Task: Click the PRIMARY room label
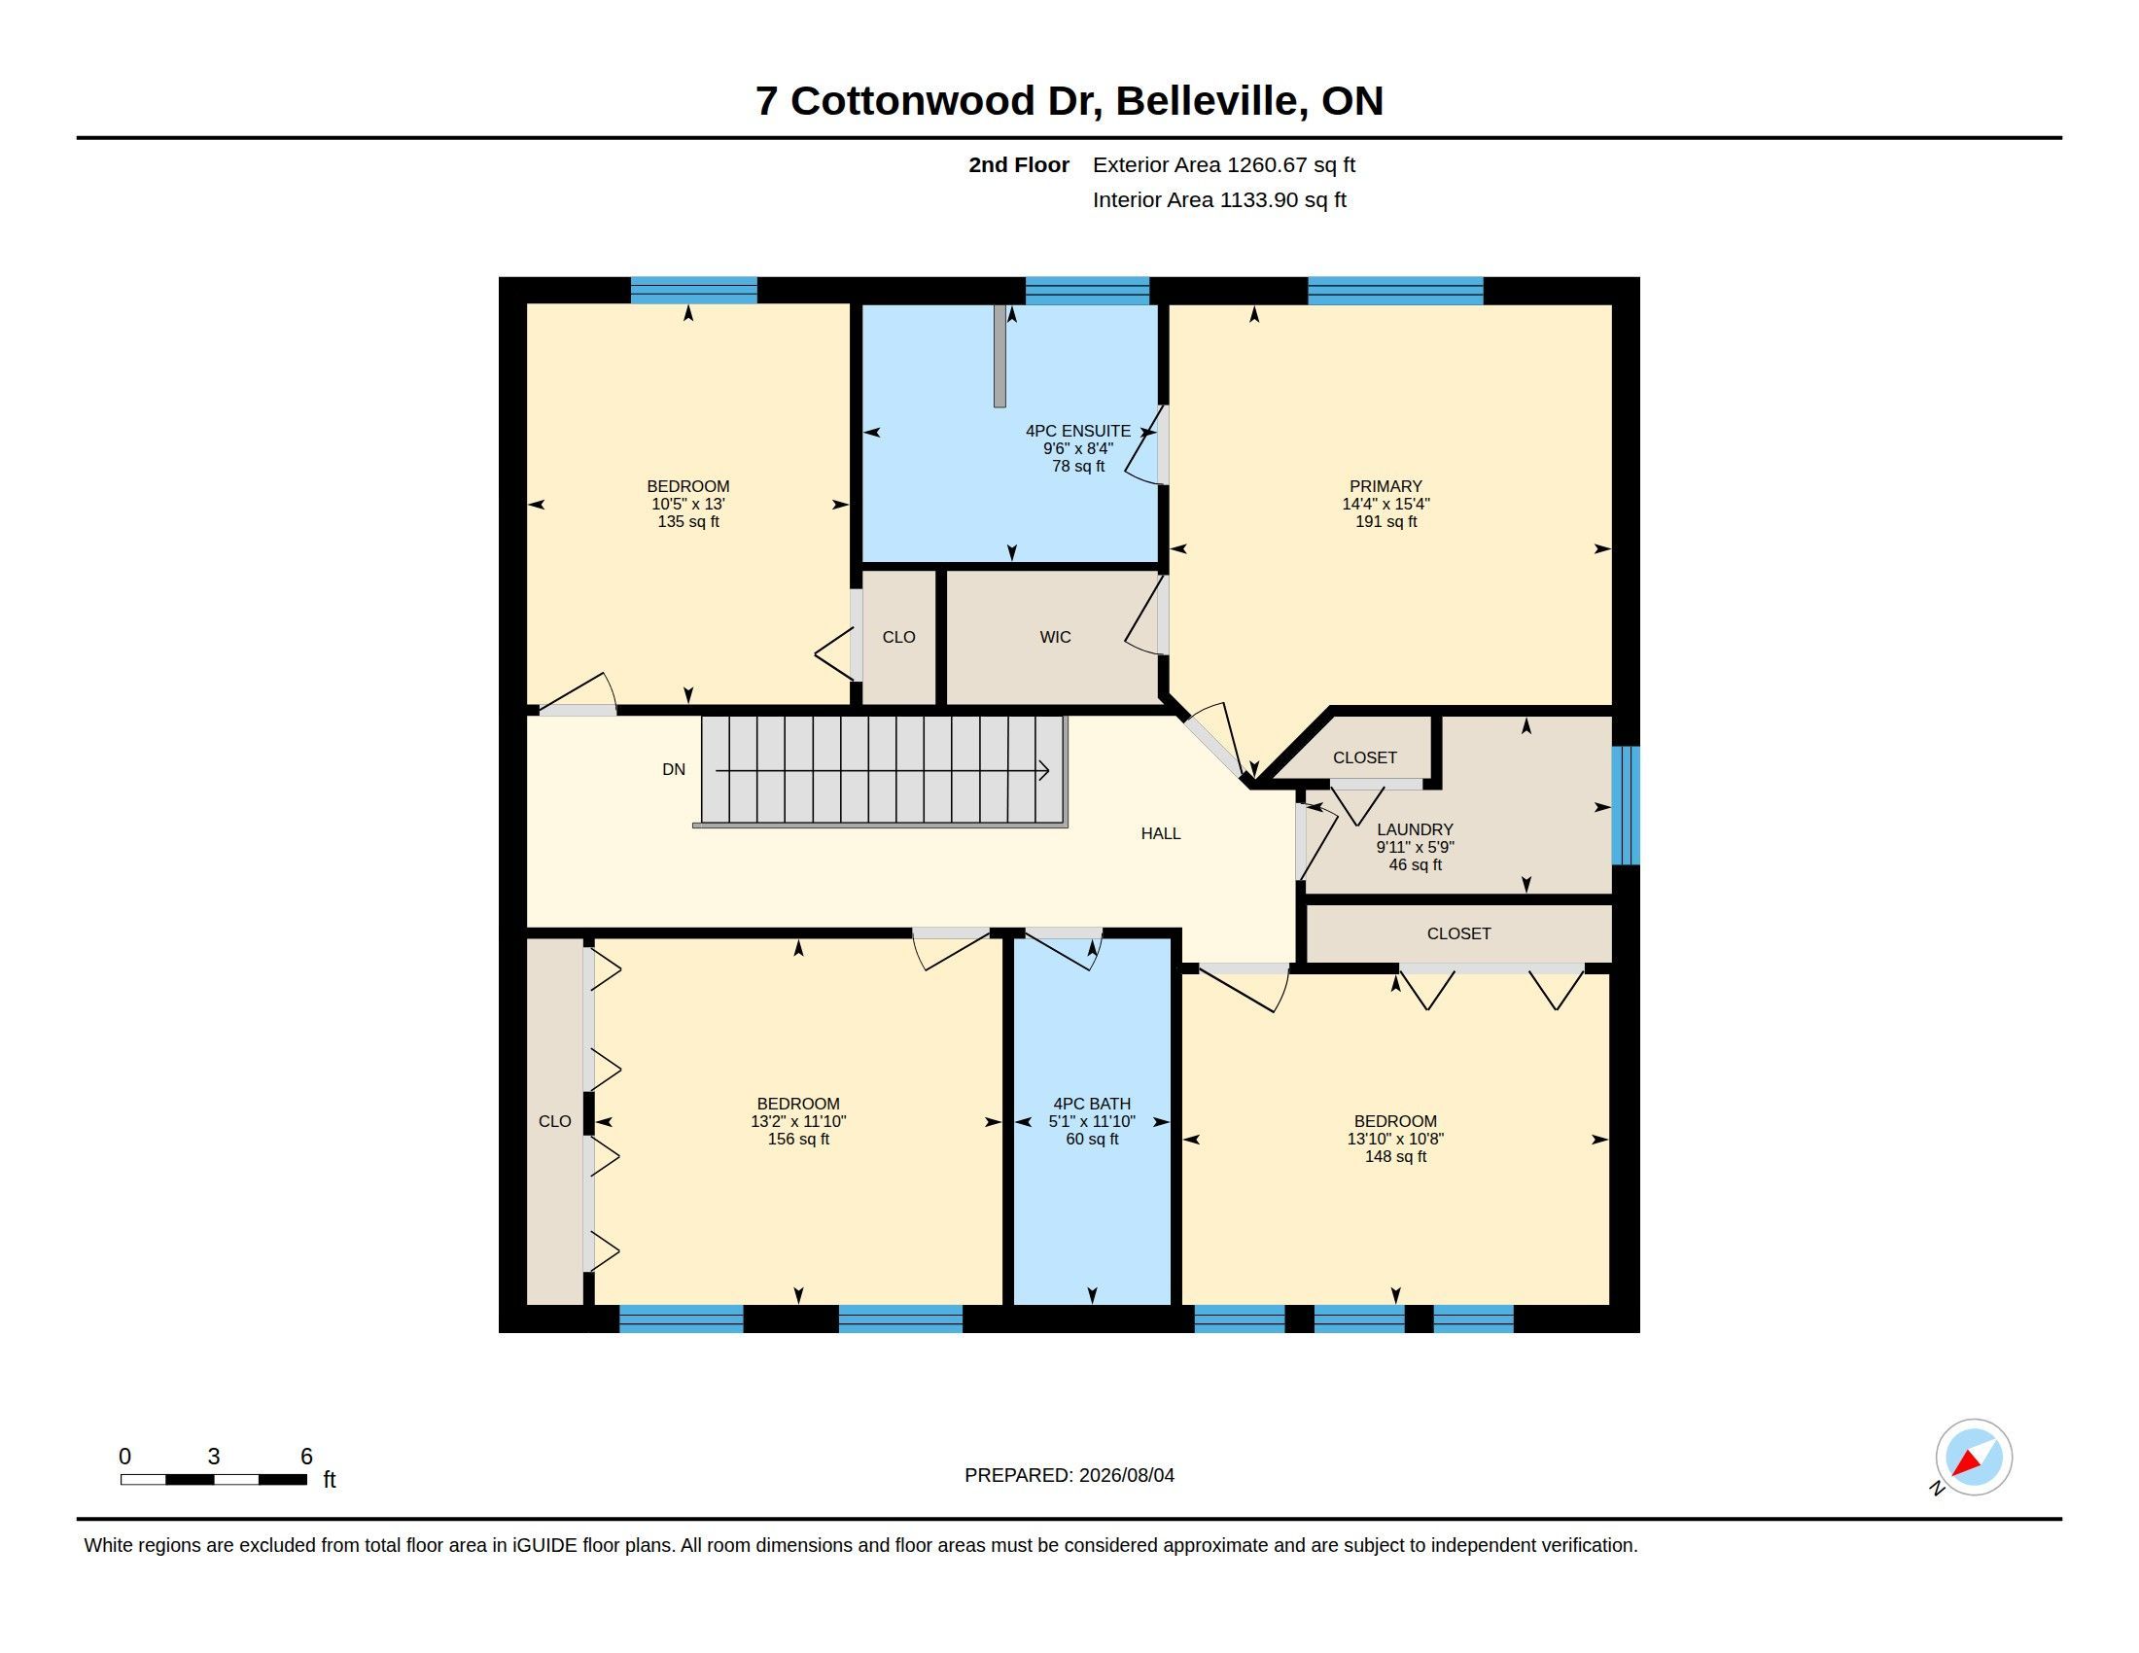(1385, 487)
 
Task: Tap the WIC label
(1055, 638)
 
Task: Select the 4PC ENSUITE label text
(1077, 431)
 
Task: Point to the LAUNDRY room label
(1415, 829)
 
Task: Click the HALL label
(1161, 833)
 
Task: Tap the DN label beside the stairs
(674, 770)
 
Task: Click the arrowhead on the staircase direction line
(1044, 771)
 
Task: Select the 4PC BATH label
(1092, 1104)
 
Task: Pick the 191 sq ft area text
(1385, 522)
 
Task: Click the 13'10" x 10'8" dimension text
(1394, 1139)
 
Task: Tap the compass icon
(1973, 1457)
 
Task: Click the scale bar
(214, 1479)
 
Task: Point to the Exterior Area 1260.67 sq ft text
(1223, 164)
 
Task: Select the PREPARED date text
(1069, 1475)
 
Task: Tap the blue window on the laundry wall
(1625, 805)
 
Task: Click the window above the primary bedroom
(1394, 291)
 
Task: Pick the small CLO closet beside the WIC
(898, 638)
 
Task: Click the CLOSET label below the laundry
(1458, 934)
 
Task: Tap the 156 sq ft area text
(798, 1139)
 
